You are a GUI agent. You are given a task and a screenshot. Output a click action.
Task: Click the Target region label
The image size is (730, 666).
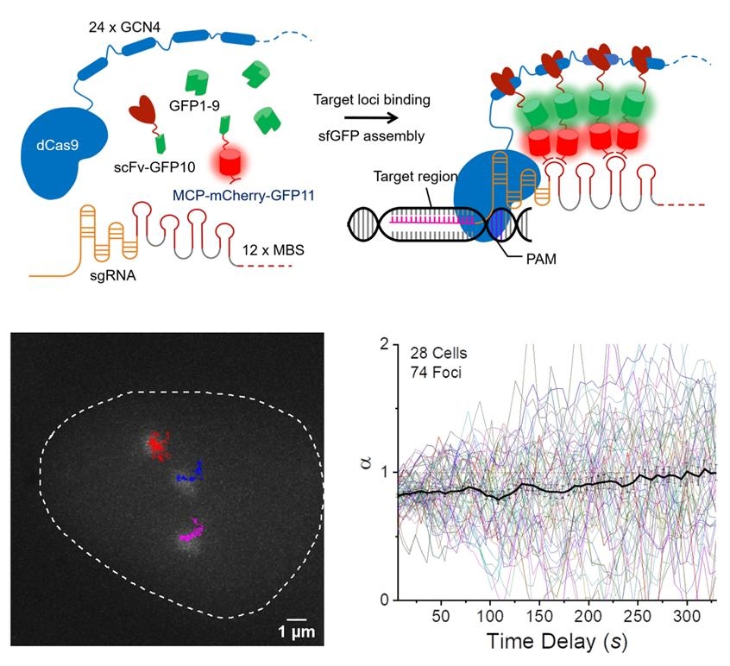(407, 175)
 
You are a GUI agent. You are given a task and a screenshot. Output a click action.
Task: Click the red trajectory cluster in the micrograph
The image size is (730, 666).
(157, 444)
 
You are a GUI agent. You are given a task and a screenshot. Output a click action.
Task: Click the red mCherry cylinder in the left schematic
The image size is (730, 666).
(232, 162)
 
